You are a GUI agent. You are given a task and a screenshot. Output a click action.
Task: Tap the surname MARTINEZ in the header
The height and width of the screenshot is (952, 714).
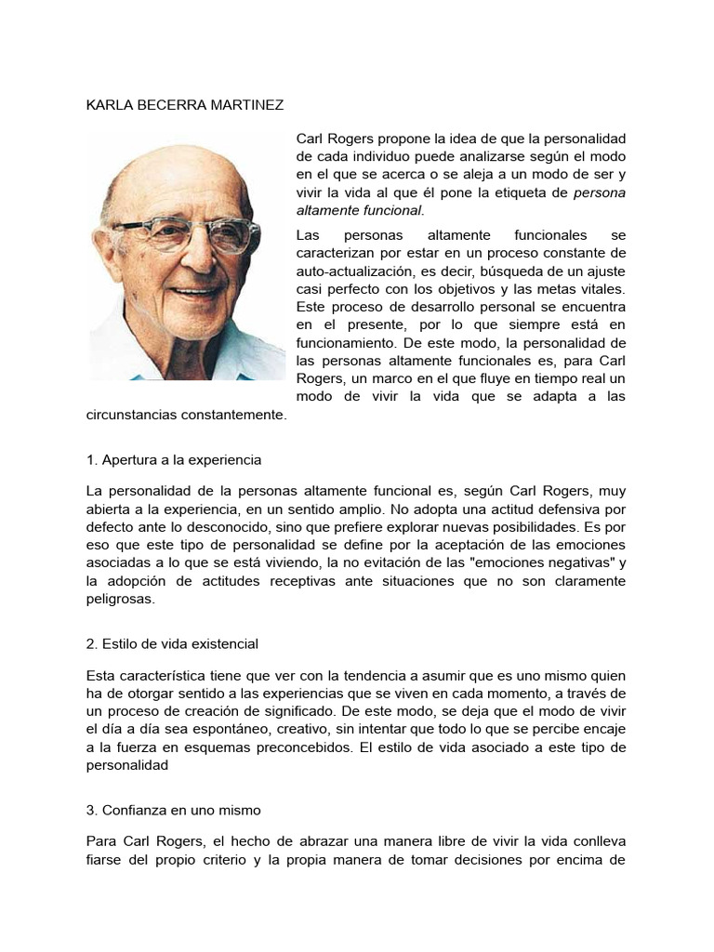tap(245, 105)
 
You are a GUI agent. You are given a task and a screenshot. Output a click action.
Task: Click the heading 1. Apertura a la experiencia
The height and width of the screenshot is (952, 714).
tap(173, 459)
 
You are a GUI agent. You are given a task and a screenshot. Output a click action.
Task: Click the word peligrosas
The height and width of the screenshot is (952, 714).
tap(120, 599)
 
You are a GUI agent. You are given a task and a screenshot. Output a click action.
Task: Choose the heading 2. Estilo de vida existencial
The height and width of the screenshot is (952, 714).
tap(171, 643)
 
